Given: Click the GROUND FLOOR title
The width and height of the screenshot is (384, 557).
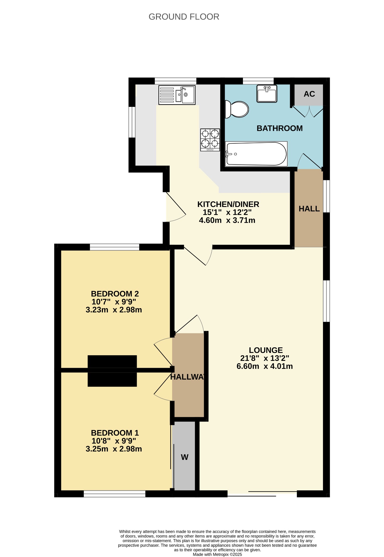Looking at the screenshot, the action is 184,17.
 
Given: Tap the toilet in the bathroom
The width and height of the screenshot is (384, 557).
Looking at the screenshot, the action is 237,109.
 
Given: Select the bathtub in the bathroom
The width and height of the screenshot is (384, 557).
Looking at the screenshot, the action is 256,154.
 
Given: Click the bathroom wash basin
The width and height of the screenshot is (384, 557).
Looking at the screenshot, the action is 267,94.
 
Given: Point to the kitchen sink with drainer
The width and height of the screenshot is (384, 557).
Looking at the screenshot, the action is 177,95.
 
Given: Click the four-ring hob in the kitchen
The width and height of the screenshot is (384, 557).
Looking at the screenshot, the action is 210,140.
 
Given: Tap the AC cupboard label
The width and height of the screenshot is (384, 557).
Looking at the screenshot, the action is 309,94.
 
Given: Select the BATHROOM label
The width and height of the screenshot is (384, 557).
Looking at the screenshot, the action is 280,128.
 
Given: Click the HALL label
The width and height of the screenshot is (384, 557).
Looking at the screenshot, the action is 309,209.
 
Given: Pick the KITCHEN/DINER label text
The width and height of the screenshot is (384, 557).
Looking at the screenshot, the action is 228,204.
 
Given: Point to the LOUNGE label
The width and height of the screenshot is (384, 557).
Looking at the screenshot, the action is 266,350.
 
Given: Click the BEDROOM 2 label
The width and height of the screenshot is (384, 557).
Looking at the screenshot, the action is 115,294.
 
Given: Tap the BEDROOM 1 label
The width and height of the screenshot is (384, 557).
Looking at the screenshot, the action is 115,433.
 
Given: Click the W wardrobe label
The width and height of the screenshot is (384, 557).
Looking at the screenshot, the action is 185,457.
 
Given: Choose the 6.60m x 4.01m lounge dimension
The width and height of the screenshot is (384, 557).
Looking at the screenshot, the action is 265,366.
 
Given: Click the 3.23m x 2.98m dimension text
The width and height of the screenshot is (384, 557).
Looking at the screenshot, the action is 114,310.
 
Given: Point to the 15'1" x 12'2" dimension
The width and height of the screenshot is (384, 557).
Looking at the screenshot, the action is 227,212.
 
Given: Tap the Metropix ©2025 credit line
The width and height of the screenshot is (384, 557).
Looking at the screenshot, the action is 217,555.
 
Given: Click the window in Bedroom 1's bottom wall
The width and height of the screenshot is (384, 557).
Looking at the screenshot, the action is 114,494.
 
